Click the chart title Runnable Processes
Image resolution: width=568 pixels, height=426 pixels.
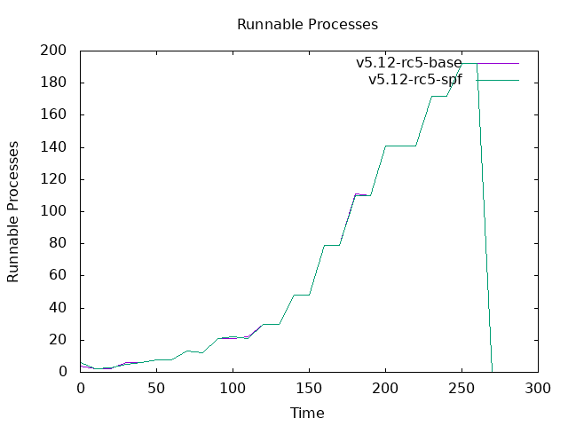(307, 24)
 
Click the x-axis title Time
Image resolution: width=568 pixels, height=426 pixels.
(307, 413)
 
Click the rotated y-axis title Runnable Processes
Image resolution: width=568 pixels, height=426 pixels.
(13, 211)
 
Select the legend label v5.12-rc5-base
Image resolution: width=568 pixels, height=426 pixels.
(408, 63)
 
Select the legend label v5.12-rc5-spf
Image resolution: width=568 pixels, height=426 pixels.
(414, 80)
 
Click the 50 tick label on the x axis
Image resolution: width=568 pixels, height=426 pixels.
(157, 388)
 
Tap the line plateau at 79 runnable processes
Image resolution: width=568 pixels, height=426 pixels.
(332, 245)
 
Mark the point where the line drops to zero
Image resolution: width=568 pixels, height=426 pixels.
(493, 371)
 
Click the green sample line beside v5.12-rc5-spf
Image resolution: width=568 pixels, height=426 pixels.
(497, 80)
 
